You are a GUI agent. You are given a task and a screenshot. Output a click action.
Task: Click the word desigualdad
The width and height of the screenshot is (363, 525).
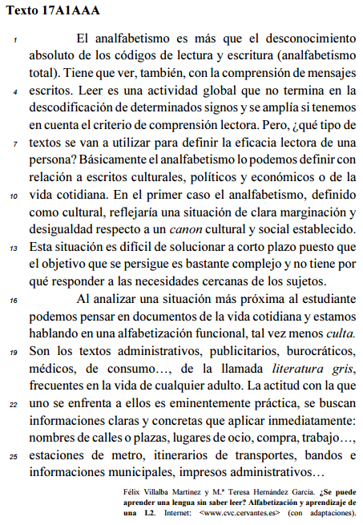click(61, 231)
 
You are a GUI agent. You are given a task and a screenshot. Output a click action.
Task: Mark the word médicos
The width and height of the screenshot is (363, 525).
click(50, 369)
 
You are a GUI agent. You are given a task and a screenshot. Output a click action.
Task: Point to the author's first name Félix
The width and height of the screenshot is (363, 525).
click(133, 491)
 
